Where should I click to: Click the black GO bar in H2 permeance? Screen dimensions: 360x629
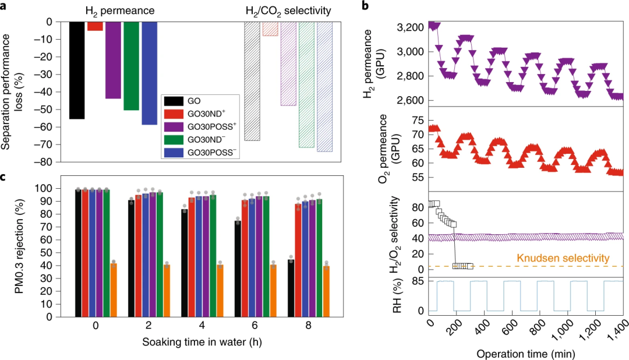pyautogui.click(x=77, y=70)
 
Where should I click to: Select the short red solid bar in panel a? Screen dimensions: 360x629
pyautogui.click(x=95, y=26)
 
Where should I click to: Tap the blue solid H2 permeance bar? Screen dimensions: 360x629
pyautogui.click(x=149, y=73)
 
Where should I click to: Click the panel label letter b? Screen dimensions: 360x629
pyautogui.click(x=381, y=6)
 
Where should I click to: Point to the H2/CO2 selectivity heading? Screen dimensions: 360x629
pyautogui.click(x=287, y=10)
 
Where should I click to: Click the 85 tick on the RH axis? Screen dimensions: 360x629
pyautogui.click(x=418, y=281)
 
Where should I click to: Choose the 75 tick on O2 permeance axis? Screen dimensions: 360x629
pyautogui.click(x=418, y=121)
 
